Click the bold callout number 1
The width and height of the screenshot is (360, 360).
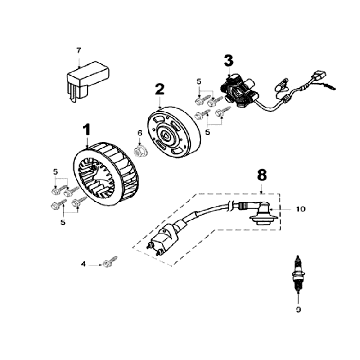point(86,129)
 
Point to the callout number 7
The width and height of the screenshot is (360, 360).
point(79,48)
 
